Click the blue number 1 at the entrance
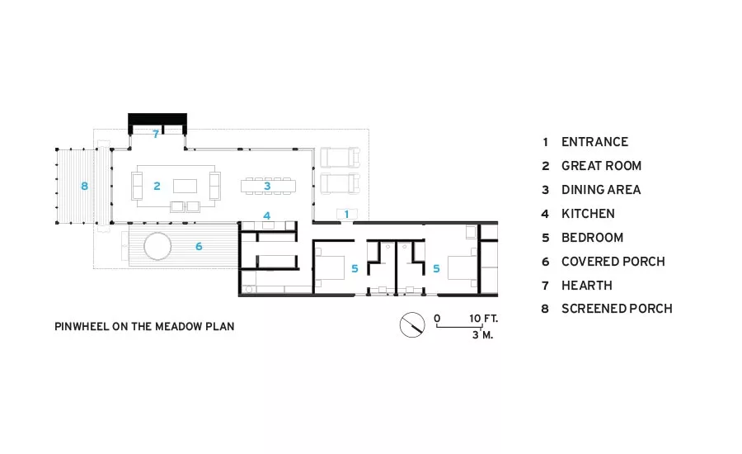[x=346, y=215]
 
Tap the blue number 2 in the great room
[x=157, y=187]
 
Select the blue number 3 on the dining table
[x=267, y=187]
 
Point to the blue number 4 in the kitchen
[x=267, y=216]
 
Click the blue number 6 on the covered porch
[x=199, y=247]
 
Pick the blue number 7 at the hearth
[x=156, y=134]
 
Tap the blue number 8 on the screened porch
[x=84, y=187]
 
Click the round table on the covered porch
[x=157, y=247]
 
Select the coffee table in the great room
[x=185, y=186]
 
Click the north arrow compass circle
[x=412, y=325]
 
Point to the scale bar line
[x=458, y=327]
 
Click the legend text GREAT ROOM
[x=602, y=166]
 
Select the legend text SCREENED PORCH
[x=617, y=309]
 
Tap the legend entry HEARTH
[x=587, y=286]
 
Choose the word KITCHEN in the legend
[x=588, y=214]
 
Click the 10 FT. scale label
[x=484, y=319]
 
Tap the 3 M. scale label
[x=482, y=335]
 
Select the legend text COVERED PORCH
[x=613, y=262]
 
